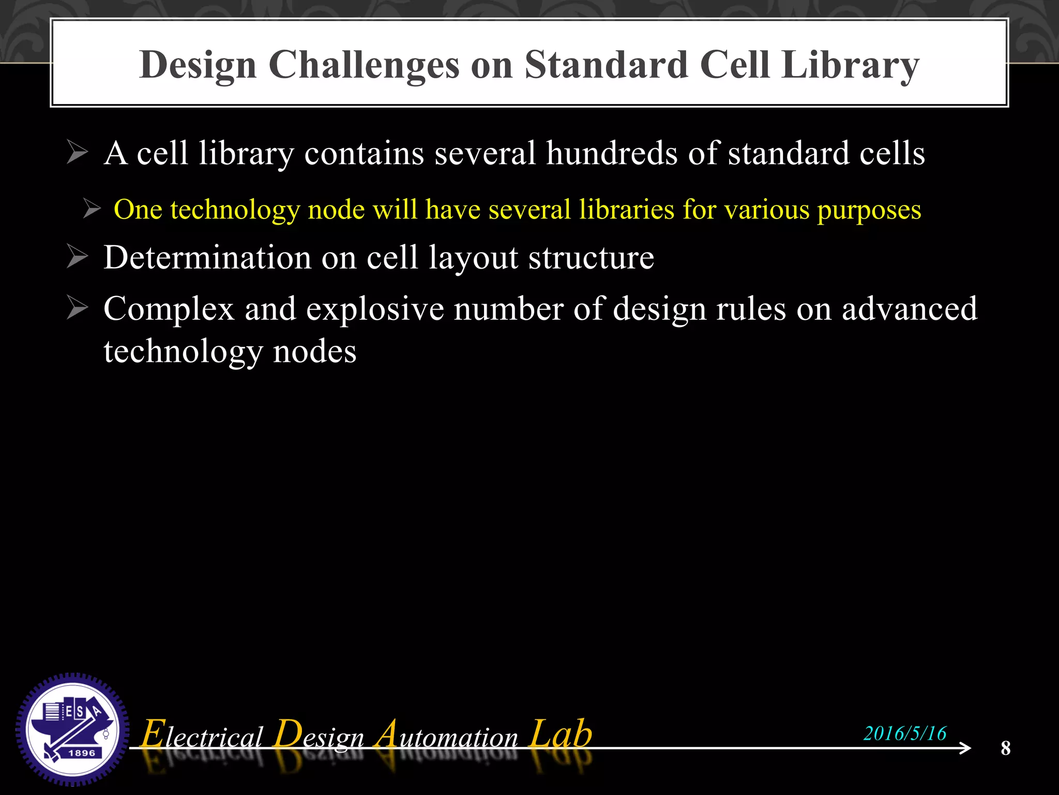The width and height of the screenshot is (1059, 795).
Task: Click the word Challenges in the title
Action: click(364, 66)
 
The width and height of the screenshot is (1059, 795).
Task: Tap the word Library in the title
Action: click(850, 66)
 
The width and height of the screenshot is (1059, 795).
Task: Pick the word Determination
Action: click(207, 257)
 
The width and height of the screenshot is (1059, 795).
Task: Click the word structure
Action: click(591, 258)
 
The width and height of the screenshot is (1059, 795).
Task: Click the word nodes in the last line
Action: click(314, 351)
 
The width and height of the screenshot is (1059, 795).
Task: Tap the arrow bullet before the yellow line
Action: click(92, 209)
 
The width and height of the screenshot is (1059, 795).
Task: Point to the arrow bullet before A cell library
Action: click(78, 153)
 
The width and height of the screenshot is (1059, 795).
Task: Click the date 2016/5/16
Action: click(904, 733)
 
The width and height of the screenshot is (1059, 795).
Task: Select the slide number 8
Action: click(1005, 748)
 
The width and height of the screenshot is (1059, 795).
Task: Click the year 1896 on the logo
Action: click(82, 753)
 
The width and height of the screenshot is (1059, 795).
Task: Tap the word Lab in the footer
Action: click(561, 734)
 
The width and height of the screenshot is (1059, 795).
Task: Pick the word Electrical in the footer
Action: click(202, 735)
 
